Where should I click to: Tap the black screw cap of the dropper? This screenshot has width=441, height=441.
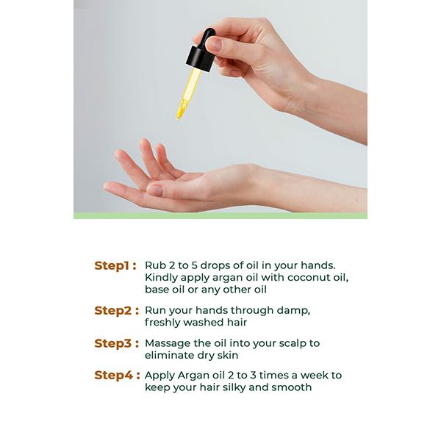pyautogui.click(x=200, y=59)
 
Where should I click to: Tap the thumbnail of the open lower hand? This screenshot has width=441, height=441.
pyautogui.click(x=154, y=190)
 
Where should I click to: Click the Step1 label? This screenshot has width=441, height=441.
pyautogui.click(x=115, y=266)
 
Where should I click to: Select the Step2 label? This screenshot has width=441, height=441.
pyautogui.click(x=117, y=311)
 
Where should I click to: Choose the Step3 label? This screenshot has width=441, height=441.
pyautogui.click(x=117, y=343)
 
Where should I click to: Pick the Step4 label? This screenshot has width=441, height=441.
pyautogui.click(x=118, y=376)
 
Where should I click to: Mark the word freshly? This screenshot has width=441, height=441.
pyautogui.click(x=162, y=323)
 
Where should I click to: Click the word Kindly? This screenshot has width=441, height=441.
pyautogui.click(x=161, y=278)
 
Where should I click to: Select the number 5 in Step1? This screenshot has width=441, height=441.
pyautogui.click(x=194, y=265)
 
